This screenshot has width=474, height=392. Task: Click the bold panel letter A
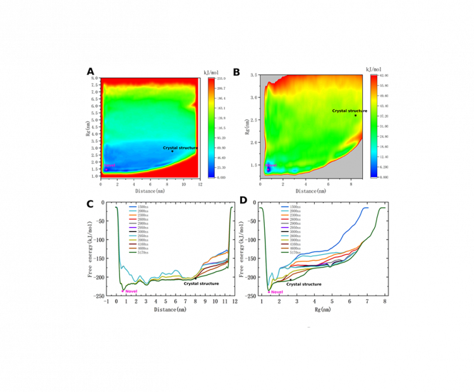click(90, 71)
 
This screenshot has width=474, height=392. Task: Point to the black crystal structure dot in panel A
click(172, 151)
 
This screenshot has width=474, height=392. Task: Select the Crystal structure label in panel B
click(349, 111)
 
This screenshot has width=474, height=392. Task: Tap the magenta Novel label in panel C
click(131, 291)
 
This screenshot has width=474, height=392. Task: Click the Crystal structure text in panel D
click(304, 285)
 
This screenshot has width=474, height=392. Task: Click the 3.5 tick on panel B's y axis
click(253, 75)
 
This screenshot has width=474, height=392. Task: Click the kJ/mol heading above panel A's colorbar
click(210, 73)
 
